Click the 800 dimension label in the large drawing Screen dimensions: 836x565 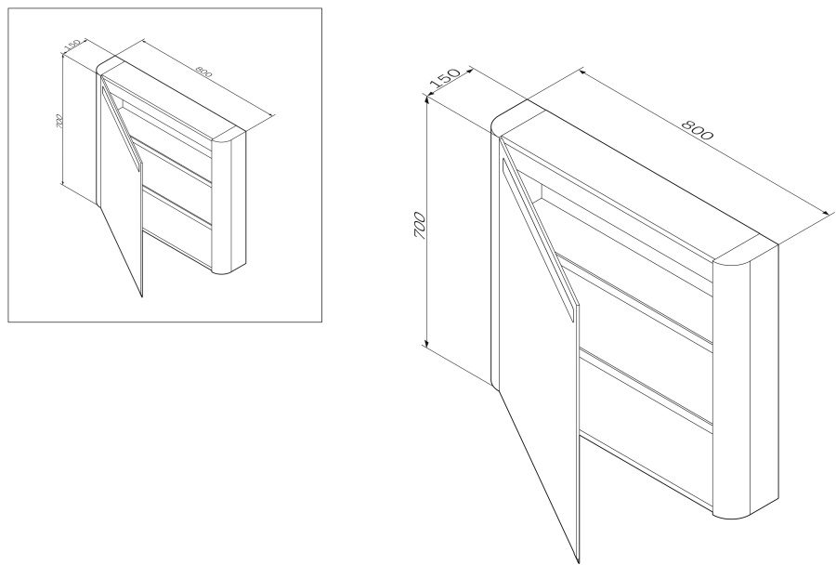[x=698, y=130]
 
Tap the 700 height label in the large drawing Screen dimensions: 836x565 [x=420, y=225]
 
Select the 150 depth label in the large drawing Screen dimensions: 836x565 [x=444, y=78]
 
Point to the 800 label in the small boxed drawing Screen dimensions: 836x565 [x=203, y=71]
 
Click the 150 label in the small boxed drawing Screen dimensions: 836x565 [x=72, y=46]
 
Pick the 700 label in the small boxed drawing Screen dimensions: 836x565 [x=59, y=122]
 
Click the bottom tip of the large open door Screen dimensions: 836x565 [x=578, y=562]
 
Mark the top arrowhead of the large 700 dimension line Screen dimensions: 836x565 [x=426, y=99]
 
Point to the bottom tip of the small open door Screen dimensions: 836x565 [x=142, y=296]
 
